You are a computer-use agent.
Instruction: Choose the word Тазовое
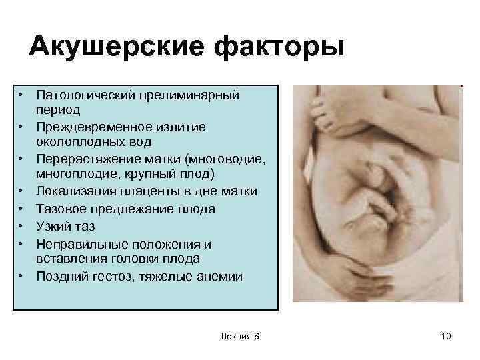click(61, 209)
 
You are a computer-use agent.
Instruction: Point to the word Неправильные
click(80, 243)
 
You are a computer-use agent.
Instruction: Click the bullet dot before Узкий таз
click(22, 227)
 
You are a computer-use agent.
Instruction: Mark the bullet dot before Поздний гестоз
click(22, 276)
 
